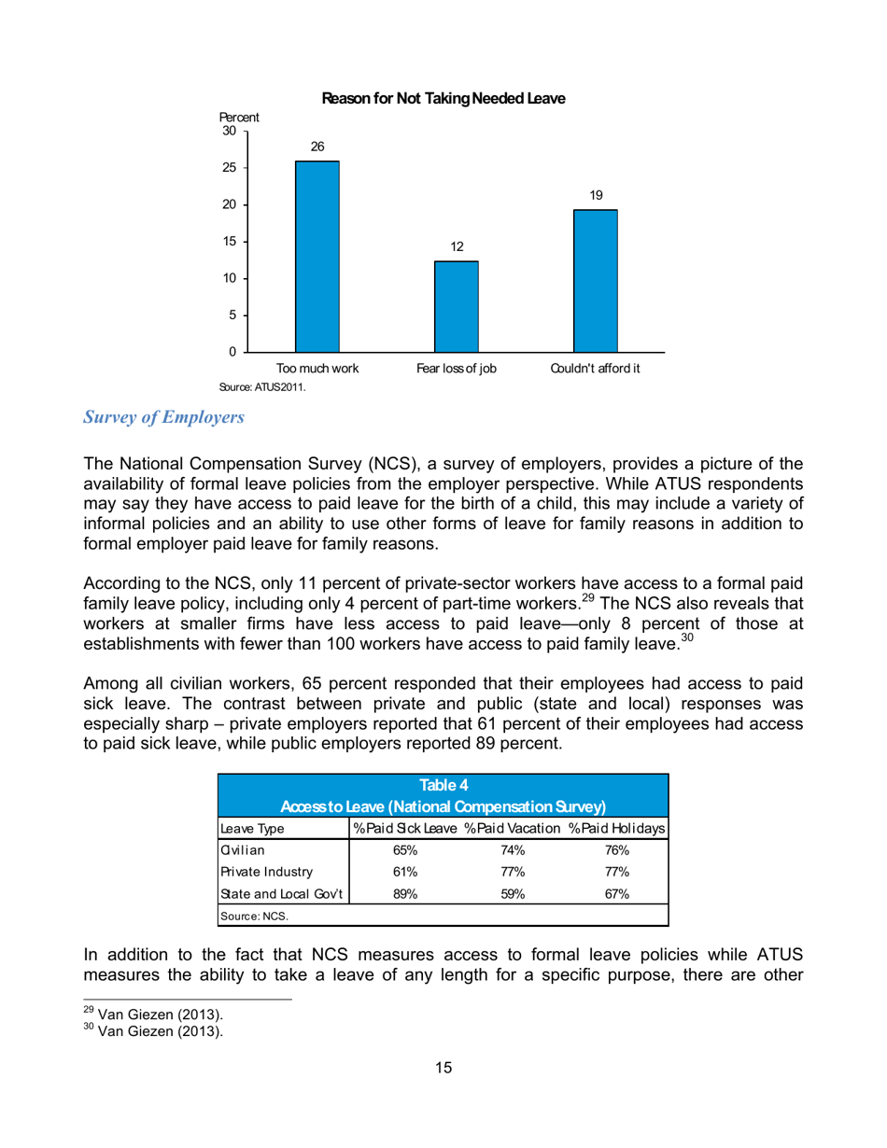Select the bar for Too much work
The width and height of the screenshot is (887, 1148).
click(317, 257)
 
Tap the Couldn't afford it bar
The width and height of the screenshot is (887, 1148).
click(595, 280)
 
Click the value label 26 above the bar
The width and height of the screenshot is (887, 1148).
click(317, 147)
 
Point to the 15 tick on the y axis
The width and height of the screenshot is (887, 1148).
click(228, 242)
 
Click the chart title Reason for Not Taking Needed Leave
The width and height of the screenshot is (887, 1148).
click(443, 98)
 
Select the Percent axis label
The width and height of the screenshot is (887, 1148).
click(239, 118)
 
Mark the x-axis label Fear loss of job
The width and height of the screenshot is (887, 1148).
click(457, 369)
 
